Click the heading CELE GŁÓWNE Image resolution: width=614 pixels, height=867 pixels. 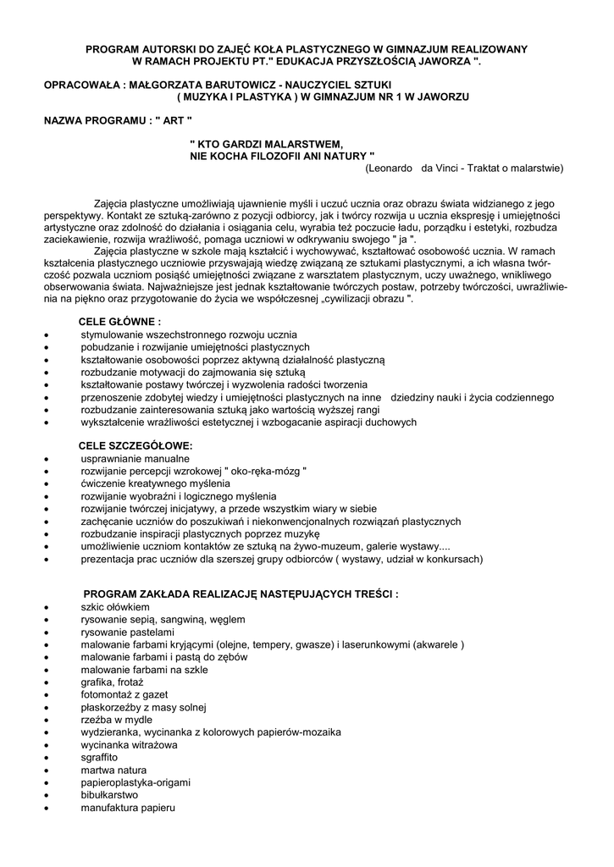pos(119,322)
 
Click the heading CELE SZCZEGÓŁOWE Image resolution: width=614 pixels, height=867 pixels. pos(136,445)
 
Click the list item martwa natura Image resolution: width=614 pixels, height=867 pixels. pos(113,770)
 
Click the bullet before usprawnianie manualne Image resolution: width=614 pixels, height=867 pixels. pos(47,459)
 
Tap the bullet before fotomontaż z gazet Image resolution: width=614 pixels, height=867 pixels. pos(47,694)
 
